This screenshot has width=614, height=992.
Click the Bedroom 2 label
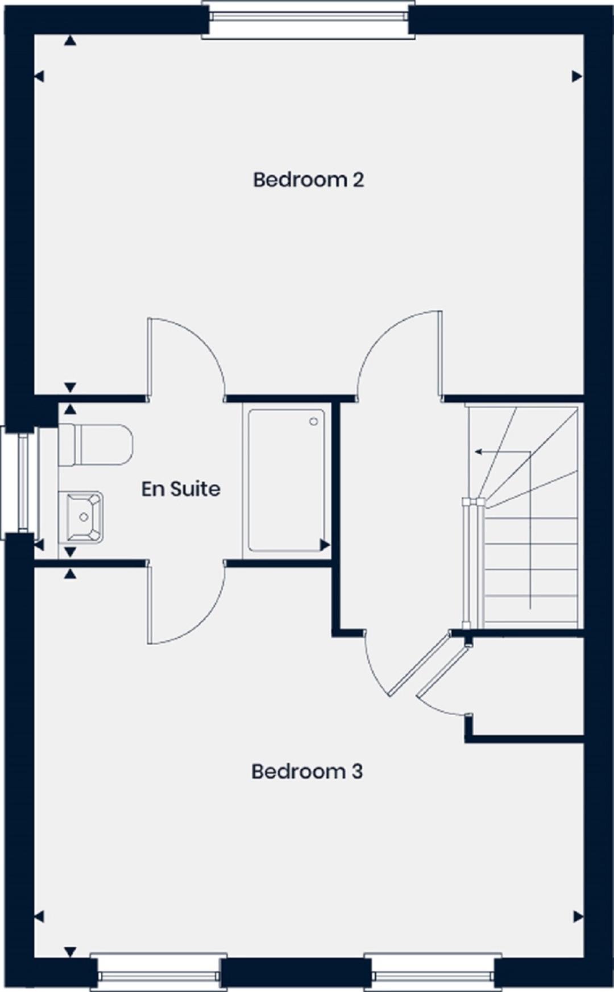(308, 180)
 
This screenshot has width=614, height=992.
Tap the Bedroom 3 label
(307, 771)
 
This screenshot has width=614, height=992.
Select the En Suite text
(181, 489)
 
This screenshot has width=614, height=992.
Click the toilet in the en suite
(96, 445)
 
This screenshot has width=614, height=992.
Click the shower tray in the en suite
(287, 481)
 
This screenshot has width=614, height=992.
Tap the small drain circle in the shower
(313, 422)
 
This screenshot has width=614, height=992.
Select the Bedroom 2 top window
(308, 20)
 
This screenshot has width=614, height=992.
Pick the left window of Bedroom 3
(159, 973)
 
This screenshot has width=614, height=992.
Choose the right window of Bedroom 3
(433, 973)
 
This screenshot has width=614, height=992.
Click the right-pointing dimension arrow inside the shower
(325, 545)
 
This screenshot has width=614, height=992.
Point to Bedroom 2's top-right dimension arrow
(577, 76)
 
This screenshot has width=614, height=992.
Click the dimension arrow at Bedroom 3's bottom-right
(578, 916)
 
